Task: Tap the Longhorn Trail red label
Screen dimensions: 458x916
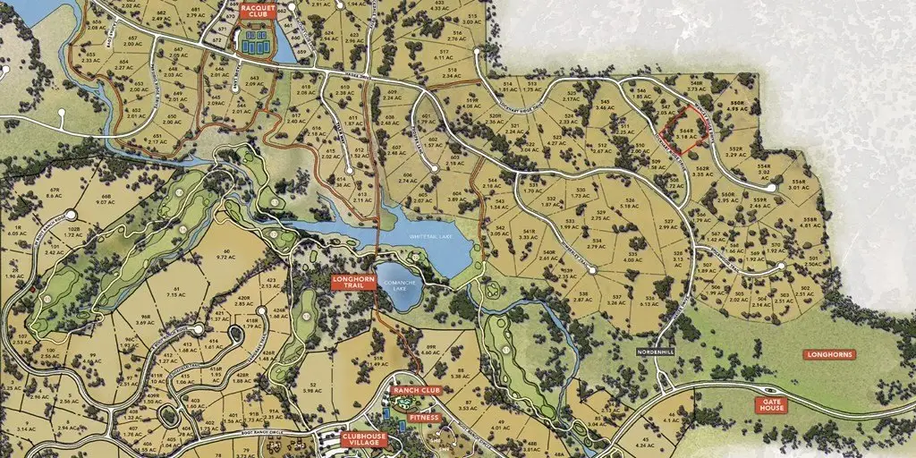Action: coord(352,283)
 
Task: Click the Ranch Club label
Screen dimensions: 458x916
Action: coord(417,390)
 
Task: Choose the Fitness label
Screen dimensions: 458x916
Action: coord(422,417)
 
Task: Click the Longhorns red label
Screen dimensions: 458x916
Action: coord(831,355)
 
